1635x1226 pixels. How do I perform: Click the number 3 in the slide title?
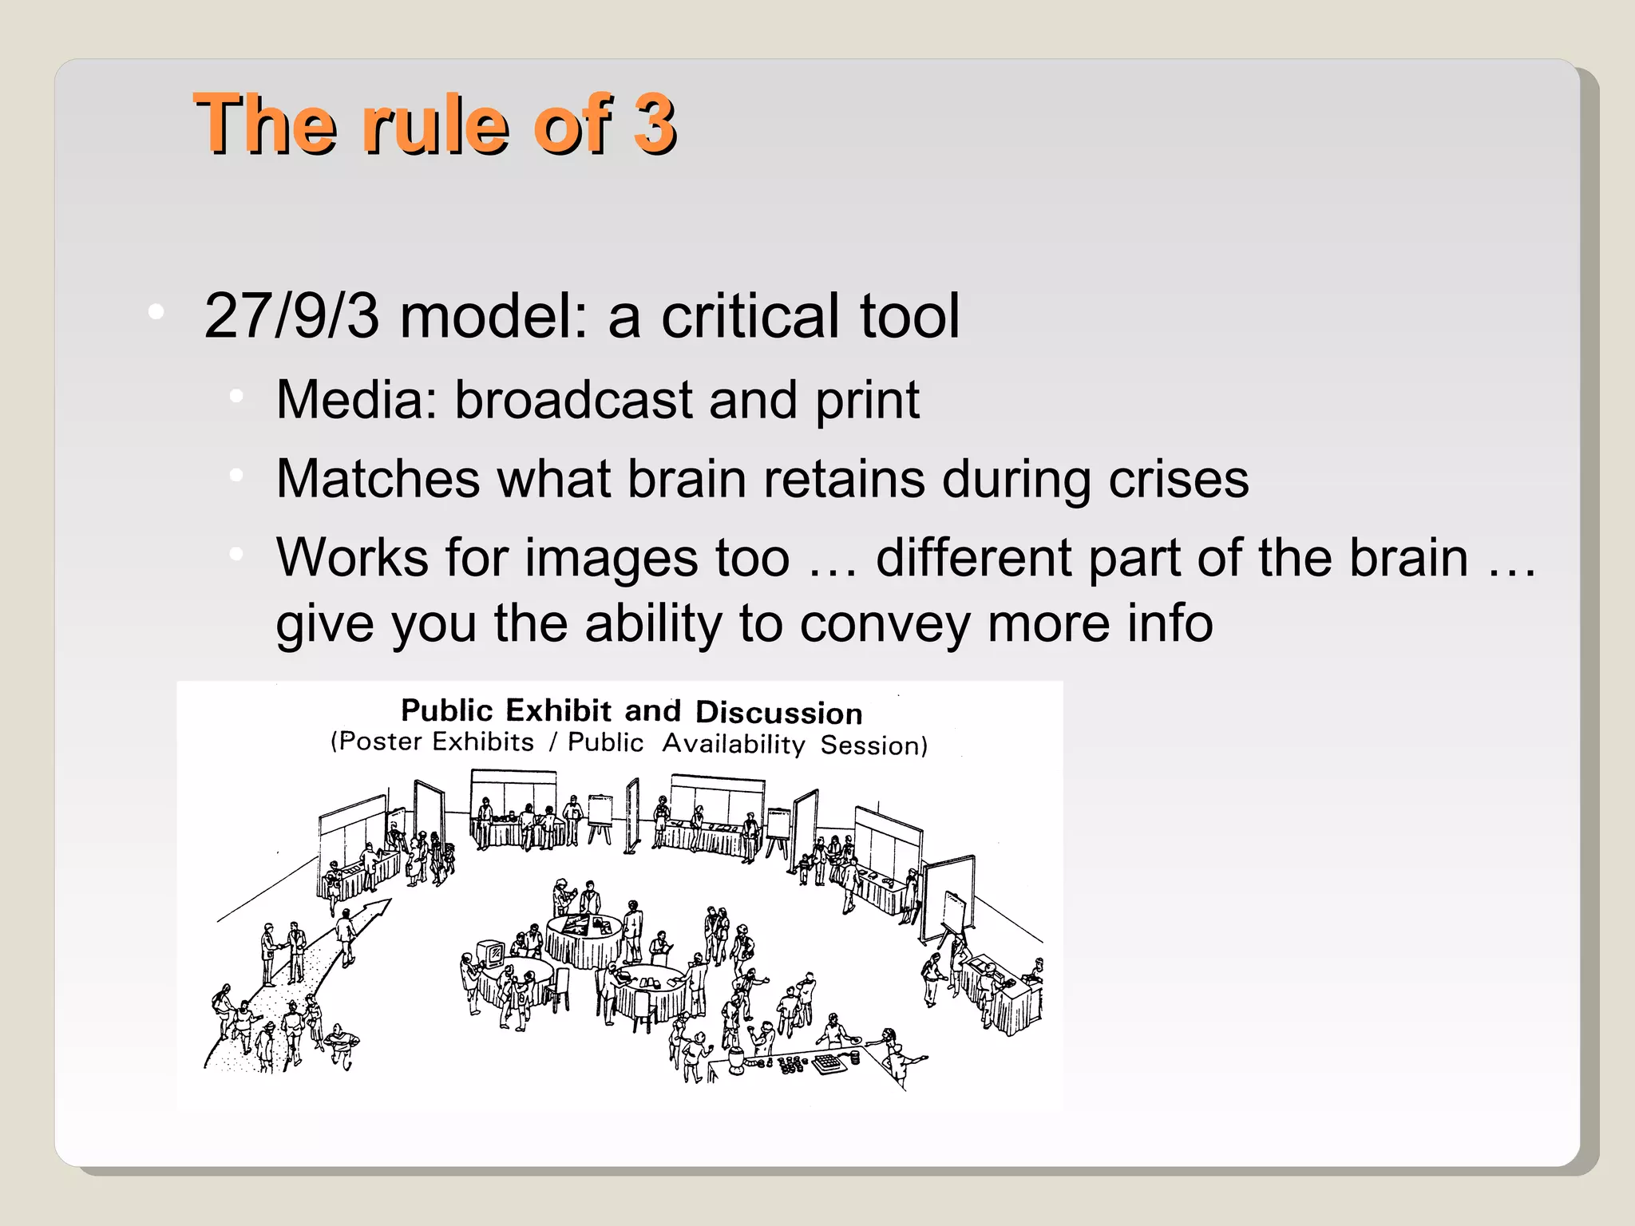point(654,124)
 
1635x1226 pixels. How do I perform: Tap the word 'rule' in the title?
point(434,124)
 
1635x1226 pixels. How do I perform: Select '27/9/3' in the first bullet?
point(291,316)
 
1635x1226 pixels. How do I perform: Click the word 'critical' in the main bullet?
point(751,316)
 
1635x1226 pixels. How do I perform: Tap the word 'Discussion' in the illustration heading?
point(778,712)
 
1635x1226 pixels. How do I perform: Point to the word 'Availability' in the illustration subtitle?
point(733,744)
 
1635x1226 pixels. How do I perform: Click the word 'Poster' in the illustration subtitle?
point(380,742)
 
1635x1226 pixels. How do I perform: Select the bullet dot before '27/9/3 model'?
point(156,312)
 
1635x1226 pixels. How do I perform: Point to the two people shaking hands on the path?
point(283,951)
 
